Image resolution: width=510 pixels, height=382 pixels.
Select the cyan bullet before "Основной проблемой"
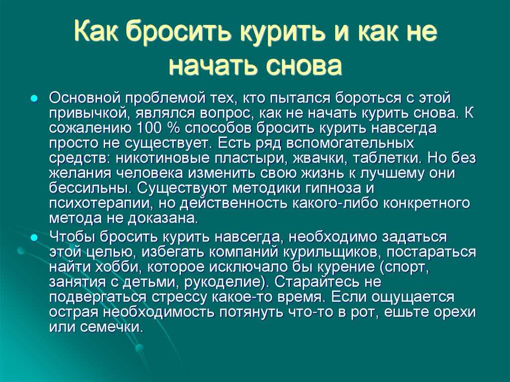tap(33, 98)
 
